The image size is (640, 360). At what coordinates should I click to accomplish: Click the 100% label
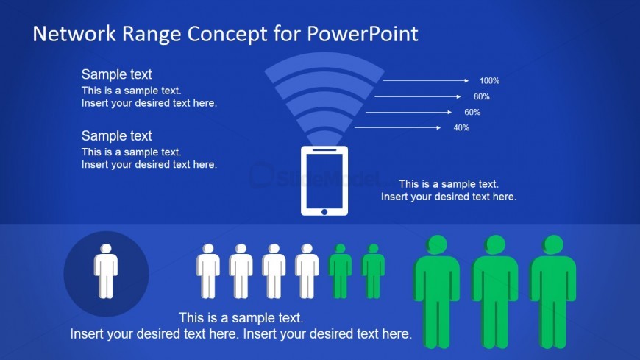489,81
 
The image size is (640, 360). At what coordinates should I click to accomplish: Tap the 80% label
481,96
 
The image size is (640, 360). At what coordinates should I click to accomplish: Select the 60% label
472,112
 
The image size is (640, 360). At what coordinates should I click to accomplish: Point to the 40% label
461,128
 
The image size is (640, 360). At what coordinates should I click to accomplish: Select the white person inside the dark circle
106,272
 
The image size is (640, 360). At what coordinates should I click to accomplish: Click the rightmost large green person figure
553,291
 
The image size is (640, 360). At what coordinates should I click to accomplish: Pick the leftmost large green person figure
437,291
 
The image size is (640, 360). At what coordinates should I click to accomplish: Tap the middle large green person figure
494,291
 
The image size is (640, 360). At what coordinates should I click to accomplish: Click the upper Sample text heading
116,74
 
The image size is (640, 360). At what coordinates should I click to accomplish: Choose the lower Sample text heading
116,136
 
